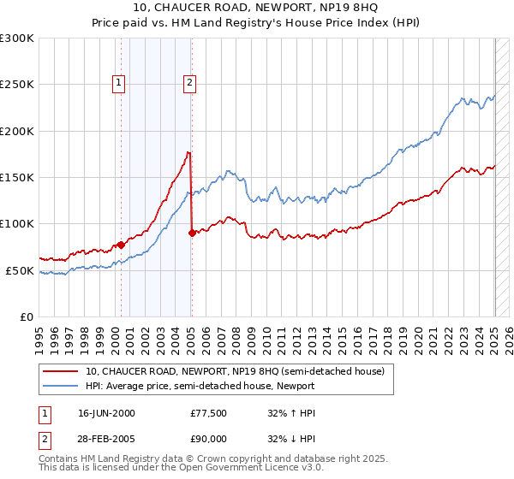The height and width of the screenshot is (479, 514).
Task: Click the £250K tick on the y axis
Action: coord(16,85)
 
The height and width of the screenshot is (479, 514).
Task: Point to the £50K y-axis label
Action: coord(19,270)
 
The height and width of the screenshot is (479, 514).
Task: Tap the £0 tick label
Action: coord(26,316)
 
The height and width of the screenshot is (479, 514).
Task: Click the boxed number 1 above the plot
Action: coord(118,83)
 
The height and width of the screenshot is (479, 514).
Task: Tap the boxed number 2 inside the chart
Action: coord(188,83)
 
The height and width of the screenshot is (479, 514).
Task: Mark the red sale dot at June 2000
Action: coord(121,245)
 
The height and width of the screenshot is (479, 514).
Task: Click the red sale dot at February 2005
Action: coord(192,233)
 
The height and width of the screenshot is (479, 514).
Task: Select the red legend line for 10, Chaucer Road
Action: coord(61,371)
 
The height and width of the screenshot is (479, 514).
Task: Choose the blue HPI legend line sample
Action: coord(61,386)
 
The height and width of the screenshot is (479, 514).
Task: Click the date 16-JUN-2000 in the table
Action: coord(106,413)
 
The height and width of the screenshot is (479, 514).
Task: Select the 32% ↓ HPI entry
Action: coord(291,439)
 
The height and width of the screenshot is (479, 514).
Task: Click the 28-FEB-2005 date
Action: coord(106,439)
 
